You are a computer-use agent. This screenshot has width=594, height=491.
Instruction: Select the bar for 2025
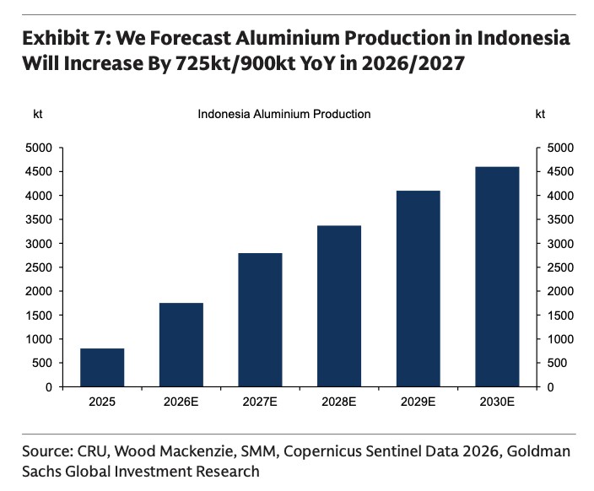point(102,367)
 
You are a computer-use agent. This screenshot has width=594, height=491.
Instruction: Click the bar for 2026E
point(181,344)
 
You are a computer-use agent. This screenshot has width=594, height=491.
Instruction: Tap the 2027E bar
point(260,320)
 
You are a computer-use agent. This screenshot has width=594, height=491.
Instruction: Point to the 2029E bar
point(418,289)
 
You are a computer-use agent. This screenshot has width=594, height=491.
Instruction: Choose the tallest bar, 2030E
point(497,277)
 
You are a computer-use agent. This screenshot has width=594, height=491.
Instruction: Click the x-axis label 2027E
point(260,402)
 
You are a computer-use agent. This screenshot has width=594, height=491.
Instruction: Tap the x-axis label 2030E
point(497,402)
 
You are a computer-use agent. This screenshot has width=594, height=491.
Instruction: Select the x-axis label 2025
point(102,402)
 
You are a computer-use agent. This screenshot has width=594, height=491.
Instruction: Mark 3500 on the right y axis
point(561,219)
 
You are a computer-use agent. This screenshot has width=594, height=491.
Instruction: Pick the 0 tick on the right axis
point(552,387)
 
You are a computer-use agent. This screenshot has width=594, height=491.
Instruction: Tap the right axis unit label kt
point(540,114)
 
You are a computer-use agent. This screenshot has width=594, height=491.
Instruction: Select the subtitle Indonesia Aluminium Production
point(283,114)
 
